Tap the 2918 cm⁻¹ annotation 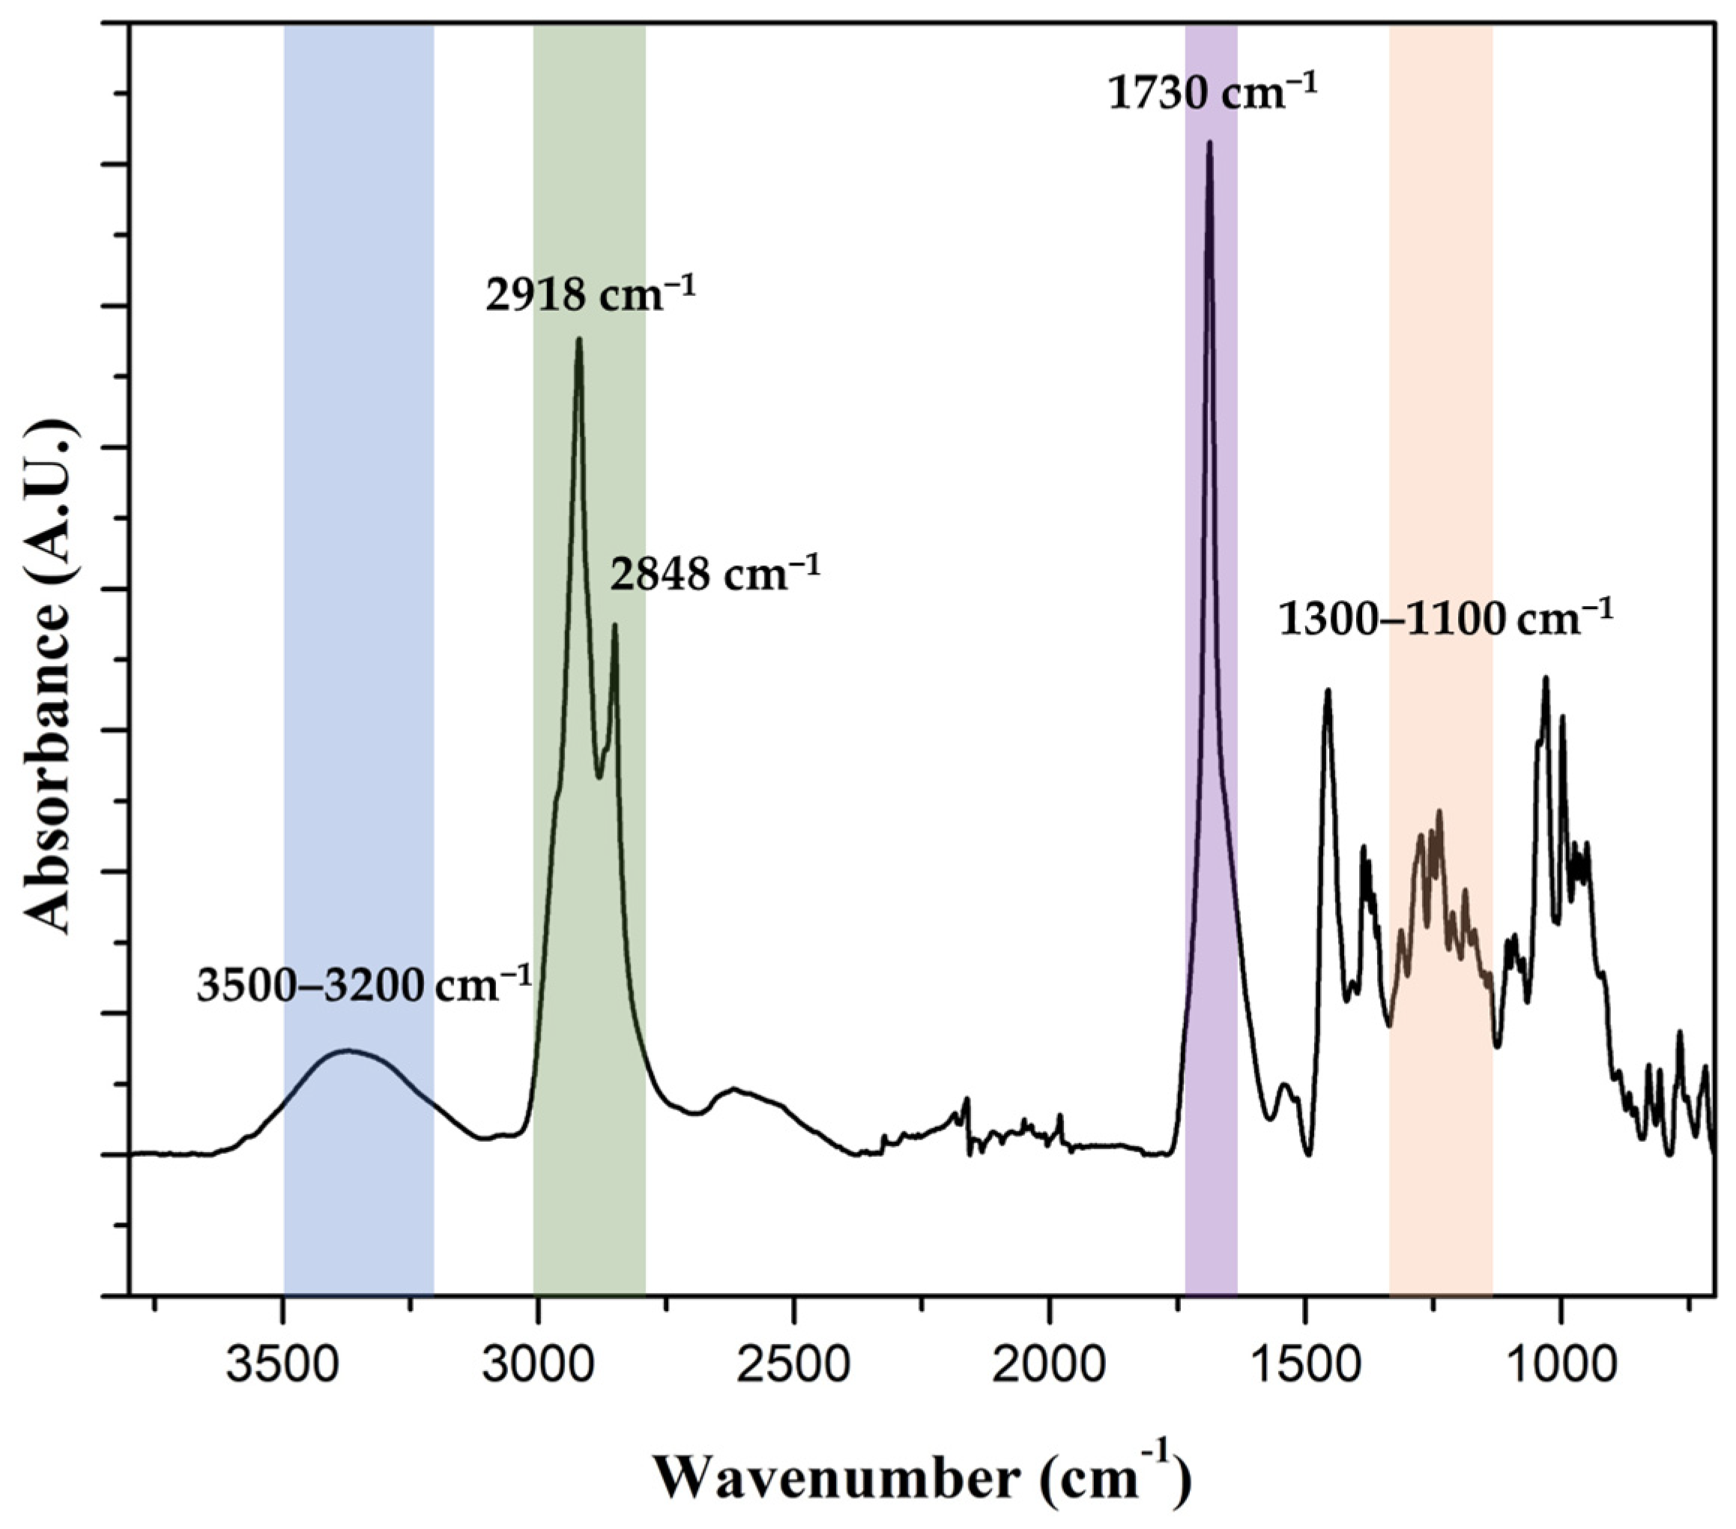590,295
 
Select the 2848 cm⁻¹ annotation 715,575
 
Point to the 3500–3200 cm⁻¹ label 364,986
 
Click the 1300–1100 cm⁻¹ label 1445,620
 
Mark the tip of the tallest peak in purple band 1209,142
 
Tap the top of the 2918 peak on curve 579,339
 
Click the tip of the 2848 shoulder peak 614,626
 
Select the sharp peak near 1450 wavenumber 1328,690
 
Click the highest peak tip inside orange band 1439,811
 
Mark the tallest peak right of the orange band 1546,677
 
